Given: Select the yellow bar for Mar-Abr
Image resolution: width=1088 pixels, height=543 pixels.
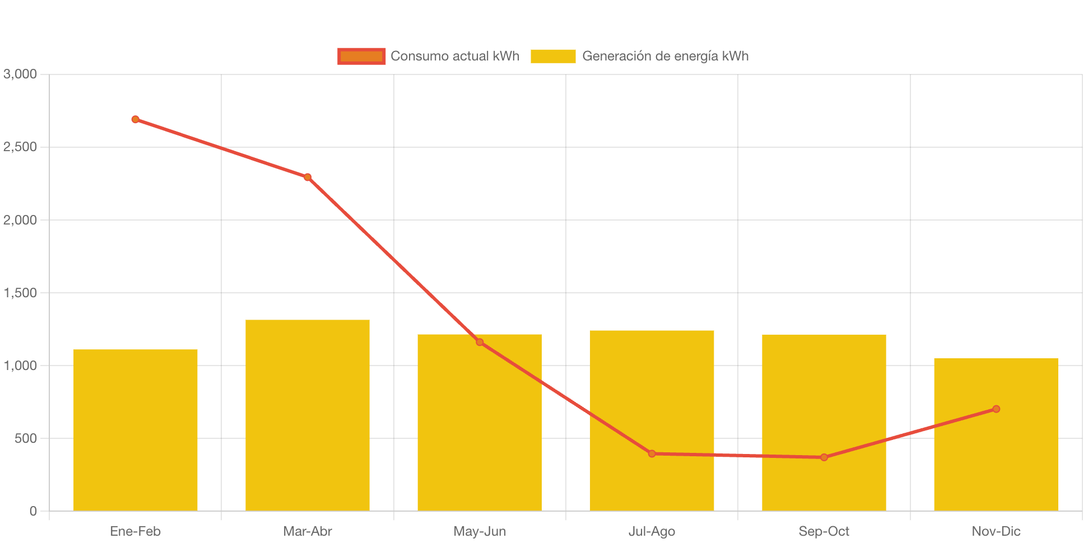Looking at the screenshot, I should coord(307,415).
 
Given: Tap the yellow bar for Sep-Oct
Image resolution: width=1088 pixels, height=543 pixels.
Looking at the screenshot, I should coord(824,392).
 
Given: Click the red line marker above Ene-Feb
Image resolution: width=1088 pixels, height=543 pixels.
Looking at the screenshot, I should coord(135,119).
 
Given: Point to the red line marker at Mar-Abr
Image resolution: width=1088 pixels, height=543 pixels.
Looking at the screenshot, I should coord(308,177).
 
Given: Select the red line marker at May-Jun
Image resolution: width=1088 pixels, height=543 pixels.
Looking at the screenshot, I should coord(480,342).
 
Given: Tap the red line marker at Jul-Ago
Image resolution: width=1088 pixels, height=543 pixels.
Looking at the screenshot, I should coord(652,453).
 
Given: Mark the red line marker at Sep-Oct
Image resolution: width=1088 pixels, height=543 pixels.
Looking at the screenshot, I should coord(824,457).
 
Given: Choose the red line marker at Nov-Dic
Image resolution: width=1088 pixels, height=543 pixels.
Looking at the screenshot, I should coord(996,409).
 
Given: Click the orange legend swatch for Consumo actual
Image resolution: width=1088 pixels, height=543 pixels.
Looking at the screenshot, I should coord(361,56).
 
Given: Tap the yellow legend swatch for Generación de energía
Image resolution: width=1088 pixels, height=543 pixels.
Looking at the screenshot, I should coord(553,56).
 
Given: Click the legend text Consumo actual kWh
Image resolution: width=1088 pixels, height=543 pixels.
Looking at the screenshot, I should coord(455,56).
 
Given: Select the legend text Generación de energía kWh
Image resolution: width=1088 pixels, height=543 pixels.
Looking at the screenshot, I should coord(665,56).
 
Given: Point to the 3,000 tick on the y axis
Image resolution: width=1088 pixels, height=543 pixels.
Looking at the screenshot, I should coord(20,74).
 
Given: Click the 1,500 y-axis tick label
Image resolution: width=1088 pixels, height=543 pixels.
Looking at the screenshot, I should coord(20,293).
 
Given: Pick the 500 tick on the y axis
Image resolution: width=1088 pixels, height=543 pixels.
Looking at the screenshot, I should coord(26,438).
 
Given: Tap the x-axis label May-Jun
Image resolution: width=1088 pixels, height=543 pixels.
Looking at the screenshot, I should coord(480,531).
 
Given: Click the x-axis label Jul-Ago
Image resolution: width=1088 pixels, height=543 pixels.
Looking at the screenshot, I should coord(652,531).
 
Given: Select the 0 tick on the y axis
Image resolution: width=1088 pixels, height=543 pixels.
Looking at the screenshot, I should coord(33,511).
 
